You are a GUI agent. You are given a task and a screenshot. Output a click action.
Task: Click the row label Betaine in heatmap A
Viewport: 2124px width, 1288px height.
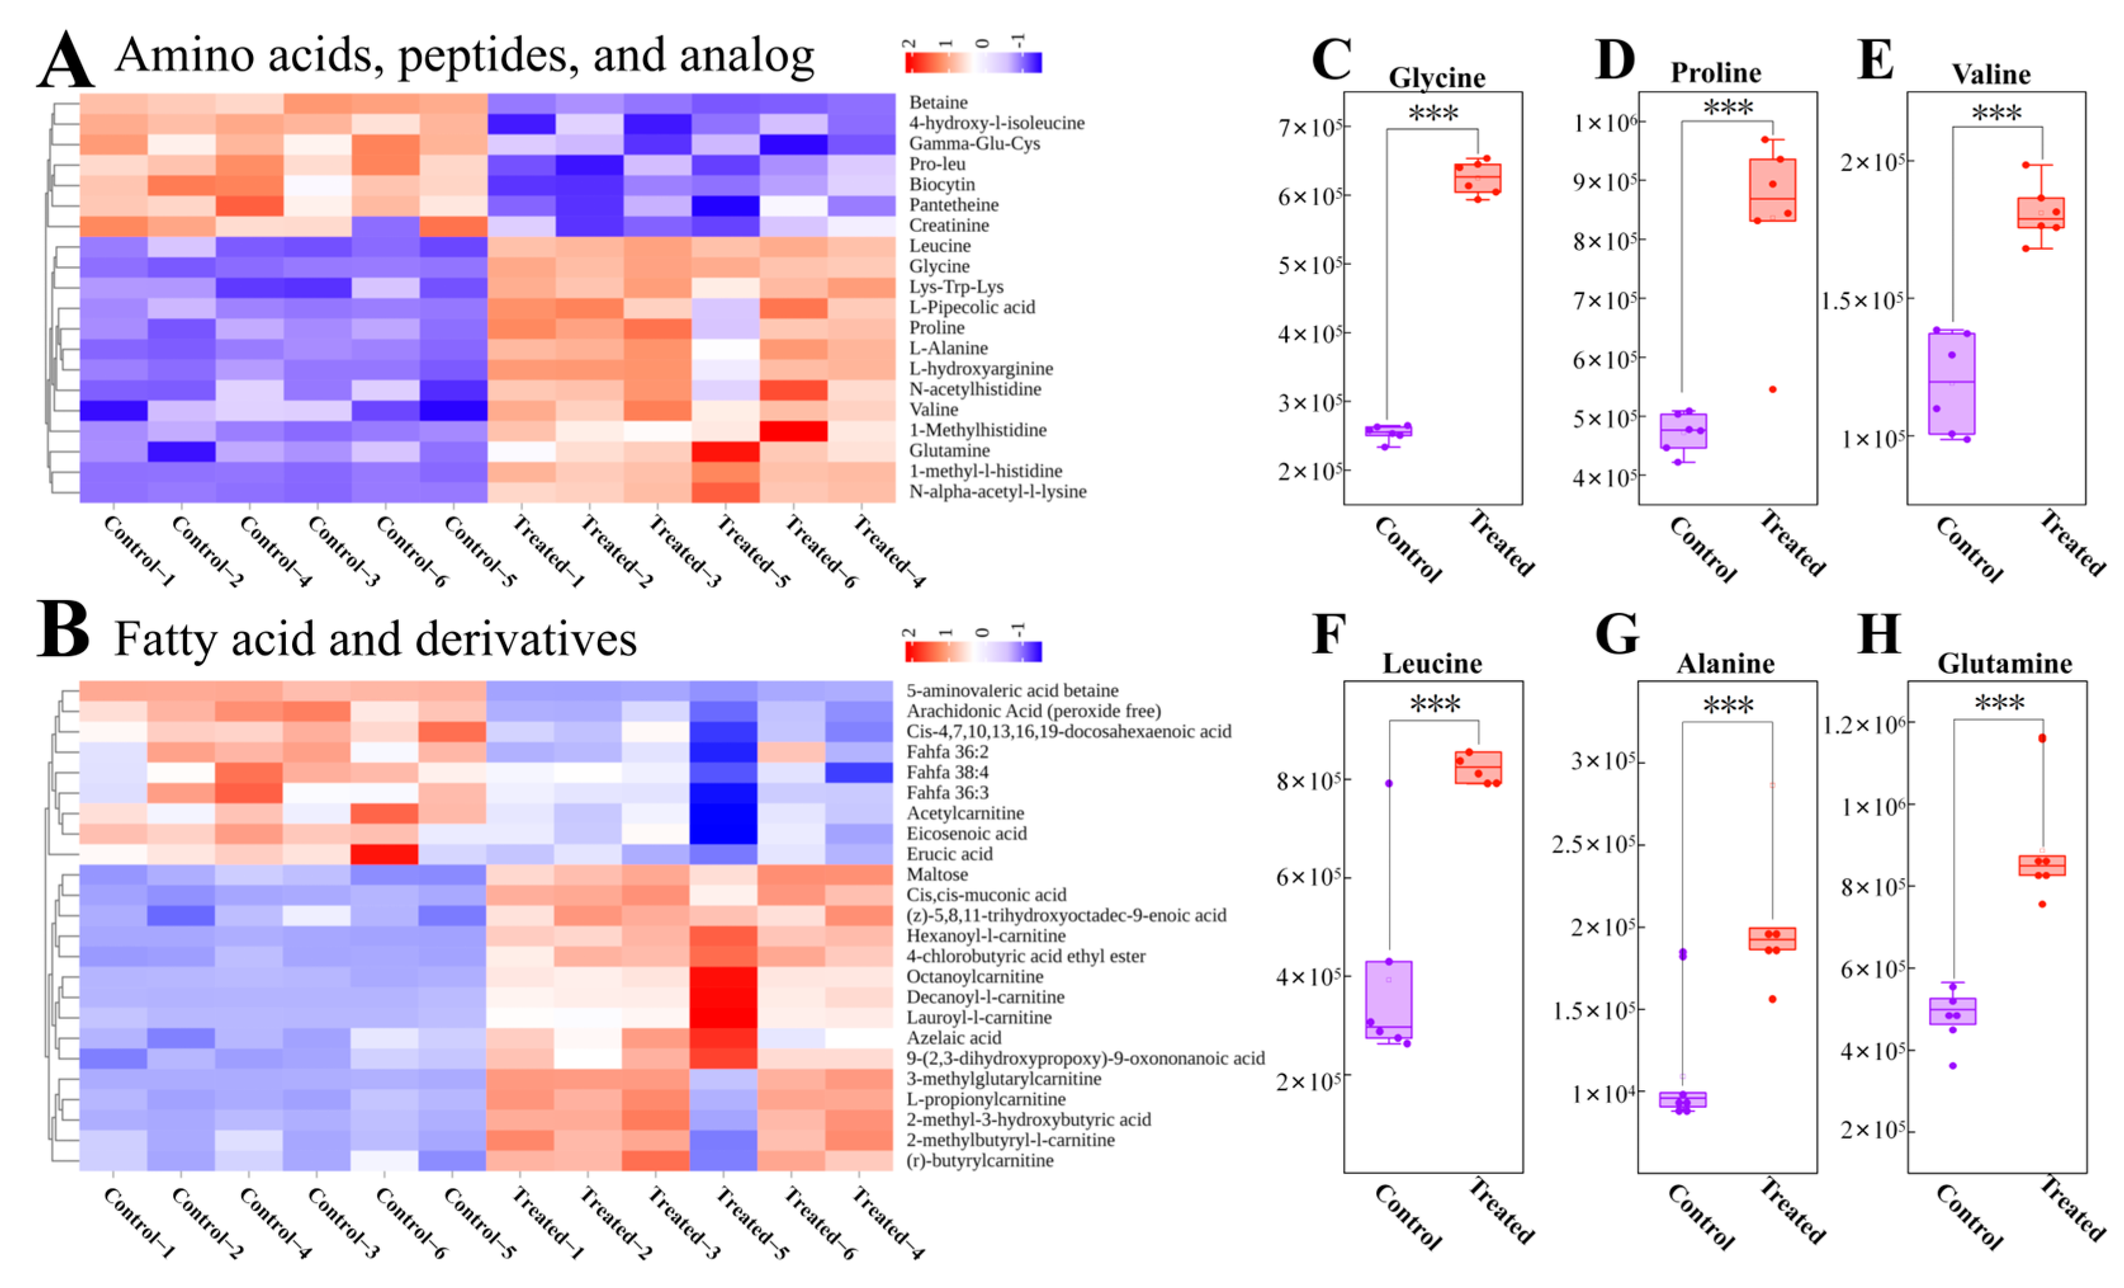pyautogui.click(x=938, y=103)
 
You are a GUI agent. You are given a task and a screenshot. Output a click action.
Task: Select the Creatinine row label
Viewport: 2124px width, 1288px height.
pyautogui.click(x=948, y=225)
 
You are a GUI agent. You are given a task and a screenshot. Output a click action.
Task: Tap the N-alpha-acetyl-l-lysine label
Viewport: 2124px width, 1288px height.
pyautogui.click(x=998, y=491)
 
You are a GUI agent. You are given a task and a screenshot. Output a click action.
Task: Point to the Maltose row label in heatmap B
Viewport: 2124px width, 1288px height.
pyautogui.click(x=937, y=874)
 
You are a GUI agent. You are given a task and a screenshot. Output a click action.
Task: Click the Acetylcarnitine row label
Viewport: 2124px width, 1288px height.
pyautogui.click(x=965, y=813)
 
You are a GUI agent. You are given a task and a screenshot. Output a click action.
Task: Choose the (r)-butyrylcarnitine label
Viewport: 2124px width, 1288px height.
pyautogui.click(x=979, y=1161)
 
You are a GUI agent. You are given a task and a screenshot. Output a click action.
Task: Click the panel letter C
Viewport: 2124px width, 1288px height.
pyautogui.click(x=1331, y=60)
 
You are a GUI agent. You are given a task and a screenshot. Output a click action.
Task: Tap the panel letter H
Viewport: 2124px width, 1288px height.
pyautogui.click(x=1879, y=635)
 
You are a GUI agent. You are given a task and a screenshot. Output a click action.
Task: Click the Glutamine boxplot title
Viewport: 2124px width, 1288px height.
pyautogui.click(x=2004, y=664)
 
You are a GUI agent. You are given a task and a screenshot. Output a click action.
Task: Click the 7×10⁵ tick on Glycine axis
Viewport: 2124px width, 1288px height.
pyautogui.click(x=1308, y=127)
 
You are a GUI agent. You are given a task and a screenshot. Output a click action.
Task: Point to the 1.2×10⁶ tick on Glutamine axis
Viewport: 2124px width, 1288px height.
pyautogui.click(x=1863, y=724)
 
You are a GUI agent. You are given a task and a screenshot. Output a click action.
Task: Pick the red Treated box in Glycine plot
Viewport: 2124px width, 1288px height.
pyautogui.click(x=1477, y=179)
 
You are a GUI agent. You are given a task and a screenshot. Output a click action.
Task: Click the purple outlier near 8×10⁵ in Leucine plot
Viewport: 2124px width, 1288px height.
pyautogui.click(x=1389, y=783)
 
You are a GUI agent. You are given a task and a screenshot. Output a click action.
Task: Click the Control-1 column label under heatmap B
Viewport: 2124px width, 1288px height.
pyautogui.click(x=138, y=1223)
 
